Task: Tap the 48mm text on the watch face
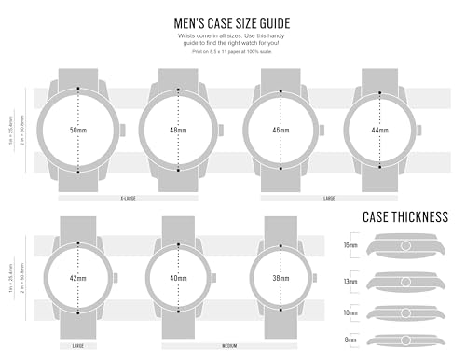pyautogui.click(x=178, y=131)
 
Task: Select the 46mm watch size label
pyautogui.click(x=281, y=131)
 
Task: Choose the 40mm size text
pyautogui.click(x=178, y=277)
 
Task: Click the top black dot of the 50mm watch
pyautogui.click(x=79, y=89)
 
